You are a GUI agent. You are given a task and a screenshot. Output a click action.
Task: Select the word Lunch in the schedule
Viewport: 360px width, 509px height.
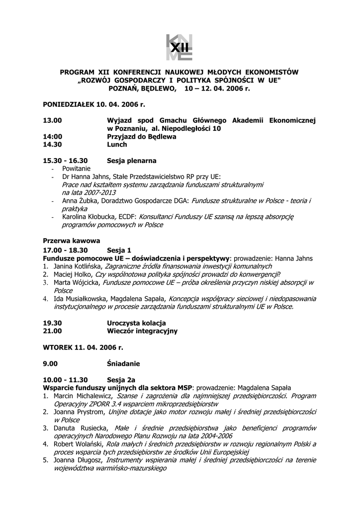coord(117,145)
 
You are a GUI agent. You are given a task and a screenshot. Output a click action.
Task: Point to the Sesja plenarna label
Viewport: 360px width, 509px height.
coord(132,161)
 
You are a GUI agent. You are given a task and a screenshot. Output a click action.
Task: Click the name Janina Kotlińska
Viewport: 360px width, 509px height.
coord(75,266)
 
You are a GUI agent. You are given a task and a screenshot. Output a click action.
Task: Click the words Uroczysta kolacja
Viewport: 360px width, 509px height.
coord(136,323)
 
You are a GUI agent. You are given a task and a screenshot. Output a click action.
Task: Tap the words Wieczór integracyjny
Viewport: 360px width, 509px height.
coord(142,331)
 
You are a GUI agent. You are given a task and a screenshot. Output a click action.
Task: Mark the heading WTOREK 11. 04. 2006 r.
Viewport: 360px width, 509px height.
coord(83,347)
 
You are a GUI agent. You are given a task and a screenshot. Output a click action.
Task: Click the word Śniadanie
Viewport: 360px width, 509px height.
coord(123,363)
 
